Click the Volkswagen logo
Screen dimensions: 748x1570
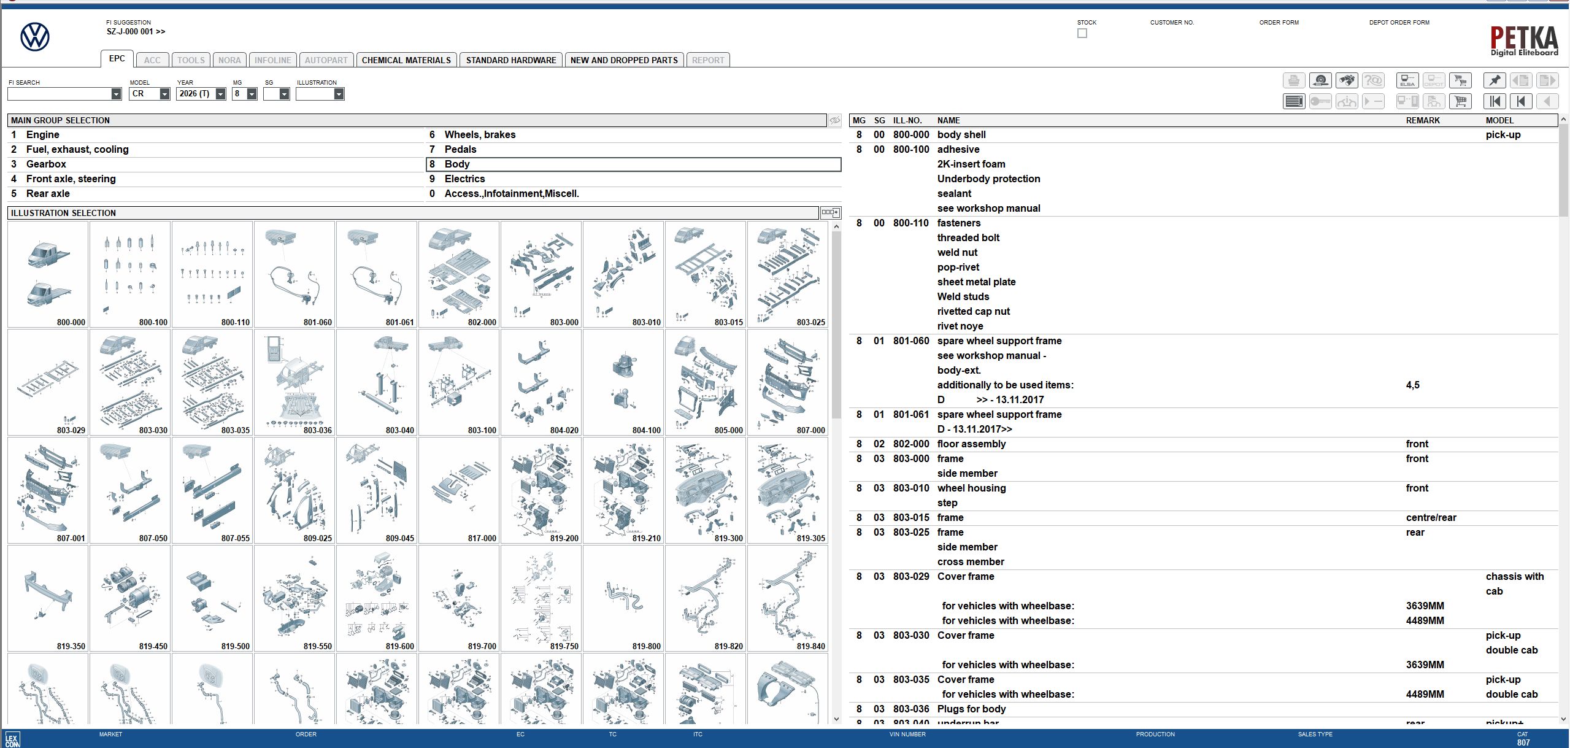pos(35,37)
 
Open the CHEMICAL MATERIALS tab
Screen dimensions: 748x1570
pos(406,60)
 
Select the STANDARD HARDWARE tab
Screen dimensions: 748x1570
pos(510,60)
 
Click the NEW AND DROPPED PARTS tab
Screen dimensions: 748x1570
pos(623,60)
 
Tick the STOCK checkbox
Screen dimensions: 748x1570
pos(1082,33)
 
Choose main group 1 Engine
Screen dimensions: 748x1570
pos(42,134)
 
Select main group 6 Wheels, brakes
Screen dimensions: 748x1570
pos(479,134)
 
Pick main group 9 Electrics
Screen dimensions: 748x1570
pos(464,179)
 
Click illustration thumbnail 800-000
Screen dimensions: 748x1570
pos(48,274)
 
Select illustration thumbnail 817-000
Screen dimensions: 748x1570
pos(459,490)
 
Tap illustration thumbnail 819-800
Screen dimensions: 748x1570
pos(623,598)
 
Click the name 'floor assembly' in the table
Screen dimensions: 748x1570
pos(971,444)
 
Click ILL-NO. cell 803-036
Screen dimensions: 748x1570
pos(910,709)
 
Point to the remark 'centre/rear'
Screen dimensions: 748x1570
pos(1431,517)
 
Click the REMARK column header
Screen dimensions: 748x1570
pos(1422,120)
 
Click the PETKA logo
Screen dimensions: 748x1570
pos(1524,40)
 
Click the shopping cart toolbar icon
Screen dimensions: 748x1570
pos(1460,101)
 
